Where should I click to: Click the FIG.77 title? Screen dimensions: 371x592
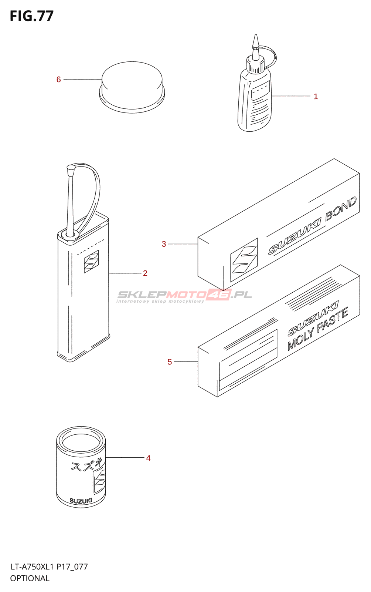pyautogui.click(x=32, y=16)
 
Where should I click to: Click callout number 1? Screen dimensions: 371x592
pyautogui.click(x=316, y=97)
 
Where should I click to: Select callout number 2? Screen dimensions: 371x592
pyautogui.click(x=145, y=273)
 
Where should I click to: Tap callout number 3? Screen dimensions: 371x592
pyautogui.click(x=164, y=244)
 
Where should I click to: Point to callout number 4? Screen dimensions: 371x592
pyautogui.click(x=148, y=458)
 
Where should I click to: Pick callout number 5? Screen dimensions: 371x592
pyautogui.click(x=170, y=362)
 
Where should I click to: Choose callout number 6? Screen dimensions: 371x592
pyautogui.click(x=58, y=80)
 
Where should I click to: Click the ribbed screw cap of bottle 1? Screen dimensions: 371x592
pyautogui.click(x=255, y=66)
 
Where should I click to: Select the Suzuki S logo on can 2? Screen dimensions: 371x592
pyautogui.click(x=91, y=261)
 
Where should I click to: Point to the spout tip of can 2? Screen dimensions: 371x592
pyautogui.click(x=71, y=168)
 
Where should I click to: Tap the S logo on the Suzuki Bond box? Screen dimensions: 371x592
pyautogui.click(x=244, y=260)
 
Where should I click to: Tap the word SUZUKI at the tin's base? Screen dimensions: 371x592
pyautogui.click(x=81, y=501)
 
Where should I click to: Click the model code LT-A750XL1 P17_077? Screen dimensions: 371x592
pyautogui.click(x=49, y=567)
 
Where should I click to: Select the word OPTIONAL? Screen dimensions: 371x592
pyautogui.click(x=30, y=578)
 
